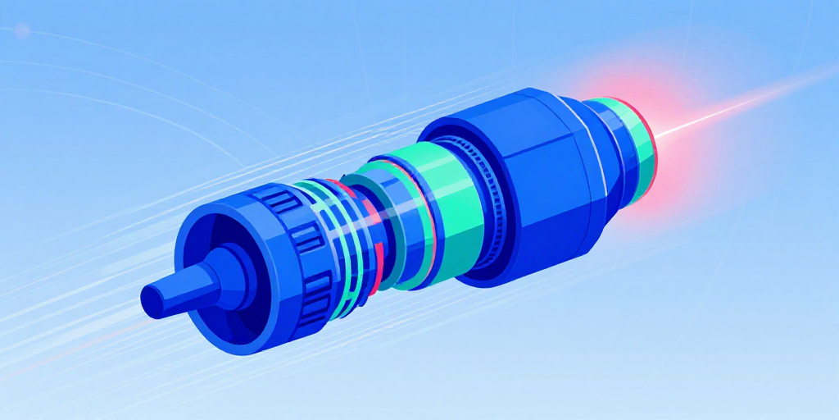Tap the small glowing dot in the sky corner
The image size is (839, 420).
click(22, 30)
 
